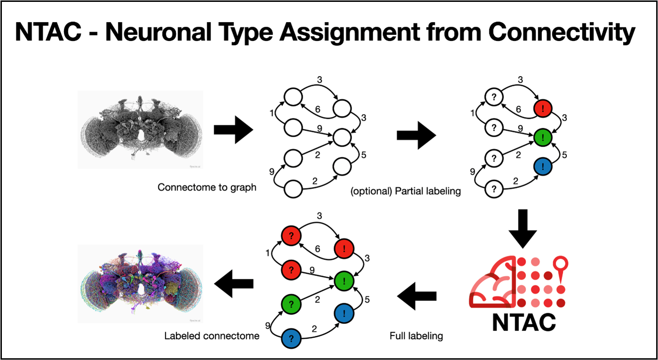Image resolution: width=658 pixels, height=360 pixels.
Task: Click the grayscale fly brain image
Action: point(140,129)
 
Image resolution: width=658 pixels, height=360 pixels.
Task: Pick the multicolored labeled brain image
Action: point(140,283)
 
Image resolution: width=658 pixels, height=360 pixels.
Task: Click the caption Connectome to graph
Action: point(207,187)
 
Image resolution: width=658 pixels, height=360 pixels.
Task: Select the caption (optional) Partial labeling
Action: point(406,191)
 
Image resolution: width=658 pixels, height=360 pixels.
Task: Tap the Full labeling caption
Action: point(416,337)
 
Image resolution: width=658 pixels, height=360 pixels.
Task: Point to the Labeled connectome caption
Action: point(212,337)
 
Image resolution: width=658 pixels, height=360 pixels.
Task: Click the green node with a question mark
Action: point(291,300)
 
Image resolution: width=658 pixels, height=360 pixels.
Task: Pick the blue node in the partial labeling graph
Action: point(542,166)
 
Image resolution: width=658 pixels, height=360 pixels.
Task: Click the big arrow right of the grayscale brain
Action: point(233,129)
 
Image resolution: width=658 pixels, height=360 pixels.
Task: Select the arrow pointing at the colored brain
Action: point(234,283)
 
